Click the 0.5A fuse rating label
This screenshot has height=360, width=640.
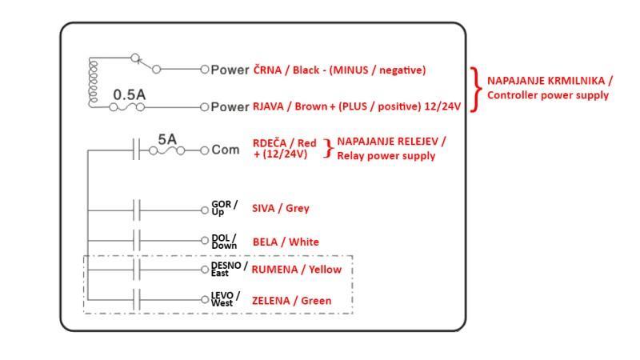[x=129, y=94]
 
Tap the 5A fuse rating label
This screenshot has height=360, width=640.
[x=166, y=138]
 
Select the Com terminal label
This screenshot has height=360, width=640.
[x=225, y=150]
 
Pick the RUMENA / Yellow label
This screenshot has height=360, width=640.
[x=296, y=270]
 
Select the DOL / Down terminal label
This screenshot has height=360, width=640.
[x=223, y=242]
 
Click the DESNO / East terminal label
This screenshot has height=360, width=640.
[x=229, y=269]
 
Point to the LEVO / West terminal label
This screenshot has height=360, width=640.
[x=226, y=300]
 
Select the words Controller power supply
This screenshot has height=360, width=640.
[x=547, y=95]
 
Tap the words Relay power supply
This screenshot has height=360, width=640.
[x=386, y=156]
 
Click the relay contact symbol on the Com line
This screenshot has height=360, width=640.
[x=137, y=150]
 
